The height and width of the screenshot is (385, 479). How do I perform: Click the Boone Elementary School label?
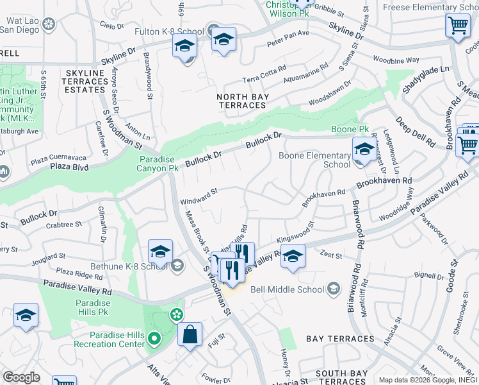point(314,159)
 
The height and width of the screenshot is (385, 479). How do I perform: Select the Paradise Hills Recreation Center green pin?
point(154,338)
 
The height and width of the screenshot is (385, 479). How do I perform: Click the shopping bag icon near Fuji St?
point(190,334)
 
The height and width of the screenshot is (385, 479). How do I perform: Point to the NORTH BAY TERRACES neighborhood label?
point(243,101)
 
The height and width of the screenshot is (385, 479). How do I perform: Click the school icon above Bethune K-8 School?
point(160,251)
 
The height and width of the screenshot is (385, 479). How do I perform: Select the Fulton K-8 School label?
point(165,30)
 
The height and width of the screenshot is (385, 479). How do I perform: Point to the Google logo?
point(21,377)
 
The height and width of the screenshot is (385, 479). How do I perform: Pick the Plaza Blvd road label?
point(69,166)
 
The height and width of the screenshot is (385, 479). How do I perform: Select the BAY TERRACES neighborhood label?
point(339,339)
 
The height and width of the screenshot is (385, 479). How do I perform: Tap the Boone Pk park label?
point(346,130)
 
